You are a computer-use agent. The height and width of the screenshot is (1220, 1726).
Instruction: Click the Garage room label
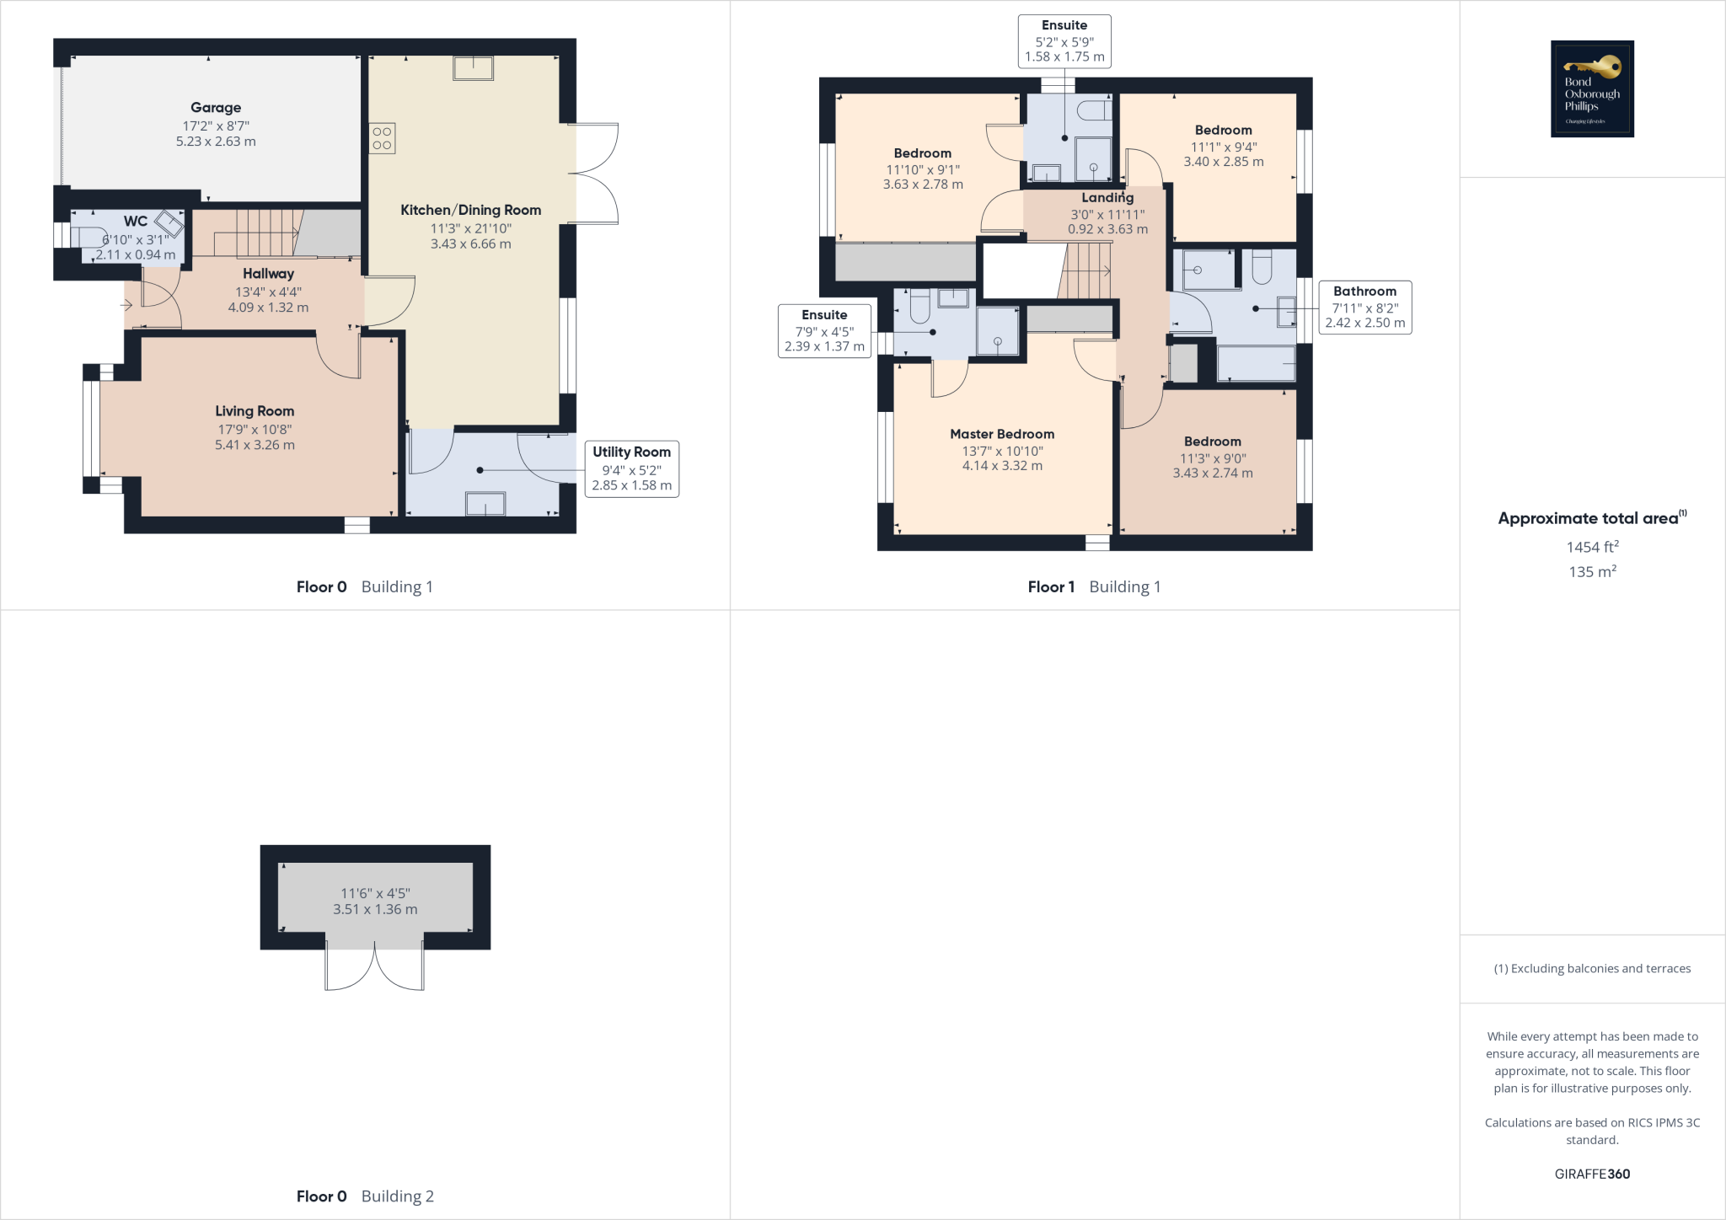(x=216, y=107)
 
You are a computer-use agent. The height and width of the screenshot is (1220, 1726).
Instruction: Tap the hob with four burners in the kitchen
(x=382, y=138)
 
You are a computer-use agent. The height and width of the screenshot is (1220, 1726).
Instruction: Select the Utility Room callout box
(x=631, y=468)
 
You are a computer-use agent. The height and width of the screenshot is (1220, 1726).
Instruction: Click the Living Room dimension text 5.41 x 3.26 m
(x=255, y=445)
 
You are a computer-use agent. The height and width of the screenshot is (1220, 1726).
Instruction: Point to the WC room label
(x=136, y=222)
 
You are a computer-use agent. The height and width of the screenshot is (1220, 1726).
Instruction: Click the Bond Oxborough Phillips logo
(x=1592, y=88)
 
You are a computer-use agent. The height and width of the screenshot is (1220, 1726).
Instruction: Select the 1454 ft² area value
(x=1592, y=547)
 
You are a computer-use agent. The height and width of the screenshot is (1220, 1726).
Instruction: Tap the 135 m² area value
(x=1592, y=572)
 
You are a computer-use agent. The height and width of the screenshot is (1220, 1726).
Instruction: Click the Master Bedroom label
(x=1002, y=434)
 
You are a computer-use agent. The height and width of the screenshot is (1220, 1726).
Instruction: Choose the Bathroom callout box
(x=1364, y=308)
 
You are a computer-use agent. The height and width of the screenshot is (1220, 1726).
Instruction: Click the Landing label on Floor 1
(x=1107, y=198)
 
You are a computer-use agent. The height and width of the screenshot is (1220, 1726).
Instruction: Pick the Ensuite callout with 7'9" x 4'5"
(x=824, y=330)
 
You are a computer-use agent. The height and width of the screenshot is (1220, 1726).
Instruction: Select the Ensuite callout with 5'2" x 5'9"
(x=1064, y=41)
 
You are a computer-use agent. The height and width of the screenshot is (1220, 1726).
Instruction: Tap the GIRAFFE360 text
(x=1592, y=1174)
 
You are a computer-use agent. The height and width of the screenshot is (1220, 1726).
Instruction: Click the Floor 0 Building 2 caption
(x=365, y=1196)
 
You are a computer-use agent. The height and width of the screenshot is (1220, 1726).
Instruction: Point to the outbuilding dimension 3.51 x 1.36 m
(x=375, y=909)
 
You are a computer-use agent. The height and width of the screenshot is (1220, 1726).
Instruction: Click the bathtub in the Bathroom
(x=1256, y=363)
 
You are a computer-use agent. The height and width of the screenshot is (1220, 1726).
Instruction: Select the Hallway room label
(x=268, y=274)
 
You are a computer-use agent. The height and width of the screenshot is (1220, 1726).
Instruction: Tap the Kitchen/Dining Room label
(x=470, y=210)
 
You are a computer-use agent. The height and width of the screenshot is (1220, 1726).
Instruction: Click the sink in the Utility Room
(x=485, y=504)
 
